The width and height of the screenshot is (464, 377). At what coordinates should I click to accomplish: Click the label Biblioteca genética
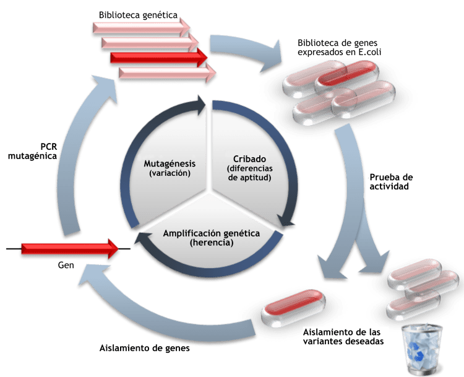coord(138,15)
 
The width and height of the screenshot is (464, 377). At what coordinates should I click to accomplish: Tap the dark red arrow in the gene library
coord(159,57)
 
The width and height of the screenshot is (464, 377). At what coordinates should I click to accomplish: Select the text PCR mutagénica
coord(33,151)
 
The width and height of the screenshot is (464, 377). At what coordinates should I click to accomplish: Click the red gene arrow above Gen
coord(70,248)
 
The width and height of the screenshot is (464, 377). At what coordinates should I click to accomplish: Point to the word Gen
coord(66,265)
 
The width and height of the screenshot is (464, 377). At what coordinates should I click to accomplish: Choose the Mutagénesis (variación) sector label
coord(170,168)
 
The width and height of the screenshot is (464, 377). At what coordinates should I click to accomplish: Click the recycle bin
coord(422,350)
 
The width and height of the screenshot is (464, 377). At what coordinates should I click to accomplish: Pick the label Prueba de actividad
coord(391,181)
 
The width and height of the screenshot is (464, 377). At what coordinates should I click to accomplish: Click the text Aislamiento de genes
coord(144,348)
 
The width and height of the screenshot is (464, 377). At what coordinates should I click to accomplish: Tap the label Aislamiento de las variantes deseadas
coord(343,336)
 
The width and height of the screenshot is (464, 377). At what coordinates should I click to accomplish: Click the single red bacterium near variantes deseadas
coord(293,308)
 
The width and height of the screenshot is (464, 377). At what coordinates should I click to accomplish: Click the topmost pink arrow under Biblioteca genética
coord(142,27)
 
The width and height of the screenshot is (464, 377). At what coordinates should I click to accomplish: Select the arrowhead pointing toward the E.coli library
coord(272,57)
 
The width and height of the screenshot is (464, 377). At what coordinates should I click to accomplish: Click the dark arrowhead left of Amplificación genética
coord(143,238)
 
